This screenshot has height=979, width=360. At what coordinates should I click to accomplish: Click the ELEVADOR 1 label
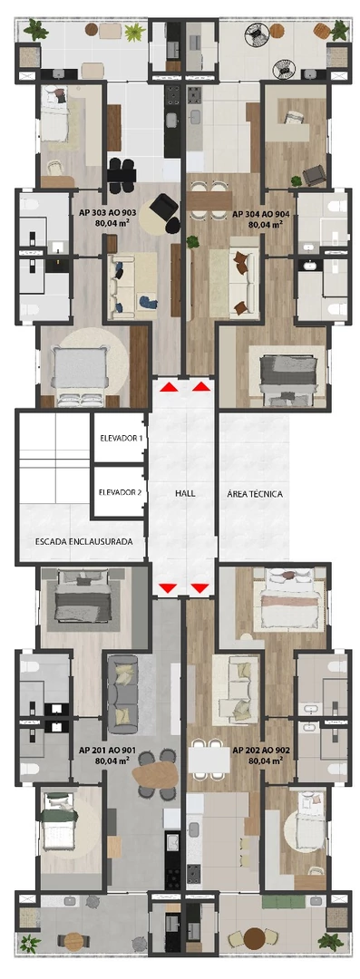[121, 438]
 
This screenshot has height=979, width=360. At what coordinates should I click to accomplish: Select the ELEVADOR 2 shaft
[121, 493]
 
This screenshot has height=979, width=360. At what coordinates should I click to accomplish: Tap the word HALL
[184, 495]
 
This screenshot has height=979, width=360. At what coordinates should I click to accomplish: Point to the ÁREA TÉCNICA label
[255, 495]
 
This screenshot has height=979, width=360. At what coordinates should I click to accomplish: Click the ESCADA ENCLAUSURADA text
[84, 541]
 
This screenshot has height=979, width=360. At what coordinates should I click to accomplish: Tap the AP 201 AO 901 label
[108, 756]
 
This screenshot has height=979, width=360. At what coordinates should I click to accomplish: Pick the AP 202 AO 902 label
[260, 756]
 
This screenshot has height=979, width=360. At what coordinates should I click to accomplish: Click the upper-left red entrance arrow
[168, 387]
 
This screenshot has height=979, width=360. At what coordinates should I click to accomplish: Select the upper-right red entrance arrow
[200, 387]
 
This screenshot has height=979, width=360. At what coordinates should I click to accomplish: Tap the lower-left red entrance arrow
[167, 589]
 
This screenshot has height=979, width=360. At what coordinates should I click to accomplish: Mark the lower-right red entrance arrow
[199, 589]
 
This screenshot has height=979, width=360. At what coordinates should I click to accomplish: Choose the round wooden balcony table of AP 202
[255, 937]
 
